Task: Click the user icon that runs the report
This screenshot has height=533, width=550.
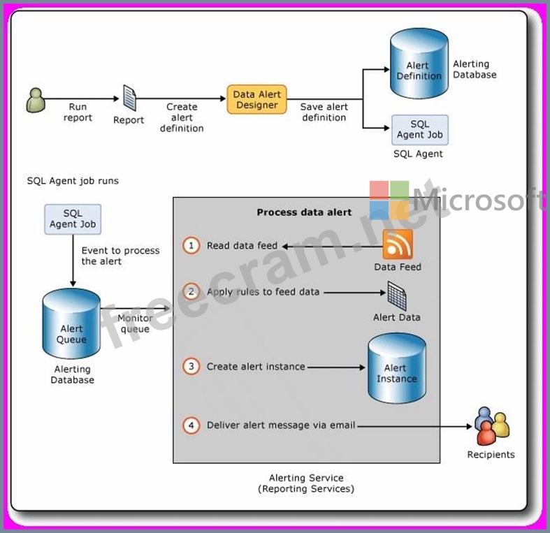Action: click(36, 100)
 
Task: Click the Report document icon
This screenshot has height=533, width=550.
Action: click(129, 98)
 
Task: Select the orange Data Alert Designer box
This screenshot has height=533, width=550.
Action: click(256, 100)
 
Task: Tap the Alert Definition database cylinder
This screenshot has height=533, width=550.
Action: click(419, 65)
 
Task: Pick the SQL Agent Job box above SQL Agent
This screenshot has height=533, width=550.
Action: click(419, 130)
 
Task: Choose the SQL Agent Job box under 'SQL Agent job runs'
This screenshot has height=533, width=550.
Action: click(73, 219)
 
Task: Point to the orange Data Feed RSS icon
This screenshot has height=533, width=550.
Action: click(398, 244)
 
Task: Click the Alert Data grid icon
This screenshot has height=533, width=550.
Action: click(397, 295)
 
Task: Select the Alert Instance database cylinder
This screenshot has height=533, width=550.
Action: click(396, 369)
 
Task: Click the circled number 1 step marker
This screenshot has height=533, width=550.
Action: click(191, 246)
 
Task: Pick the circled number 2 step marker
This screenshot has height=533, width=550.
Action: click(191, 291)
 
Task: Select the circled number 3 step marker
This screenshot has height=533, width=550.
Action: click(191, 366)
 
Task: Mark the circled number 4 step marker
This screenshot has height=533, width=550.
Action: click(191, 425)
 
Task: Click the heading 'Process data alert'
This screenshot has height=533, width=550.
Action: click(304, 212)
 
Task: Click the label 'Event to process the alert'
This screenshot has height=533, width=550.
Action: click(120, 256)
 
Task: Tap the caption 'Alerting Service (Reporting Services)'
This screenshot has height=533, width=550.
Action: click(306, 483)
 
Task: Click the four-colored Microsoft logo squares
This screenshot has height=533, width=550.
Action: click(389, 200)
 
